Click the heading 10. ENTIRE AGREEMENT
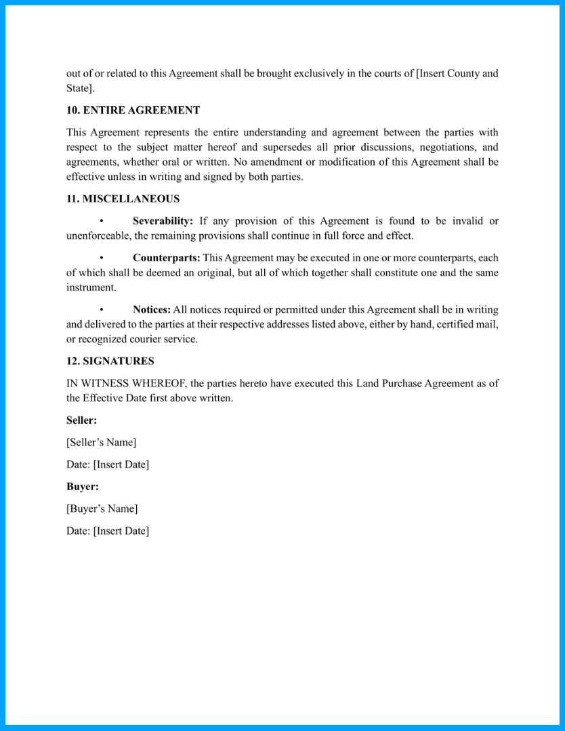(133, 110)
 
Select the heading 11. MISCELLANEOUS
(123, 199)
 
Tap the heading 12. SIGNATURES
(110, 361)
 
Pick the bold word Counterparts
(166, 258)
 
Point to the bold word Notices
(151, 310)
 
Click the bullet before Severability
(102, 221)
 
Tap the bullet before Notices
(102, 310)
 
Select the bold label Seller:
(81, 420)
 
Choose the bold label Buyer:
(83, 487)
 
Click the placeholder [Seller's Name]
(101, 443)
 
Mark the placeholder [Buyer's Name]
(102, 509)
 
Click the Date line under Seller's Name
(107, 465)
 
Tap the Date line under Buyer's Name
(107, 531)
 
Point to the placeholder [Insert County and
(457, 74)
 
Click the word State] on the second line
(80, 89)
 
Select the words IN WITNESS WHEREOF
(127, 384)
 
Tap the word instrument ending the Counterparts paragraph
(91, 288)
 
